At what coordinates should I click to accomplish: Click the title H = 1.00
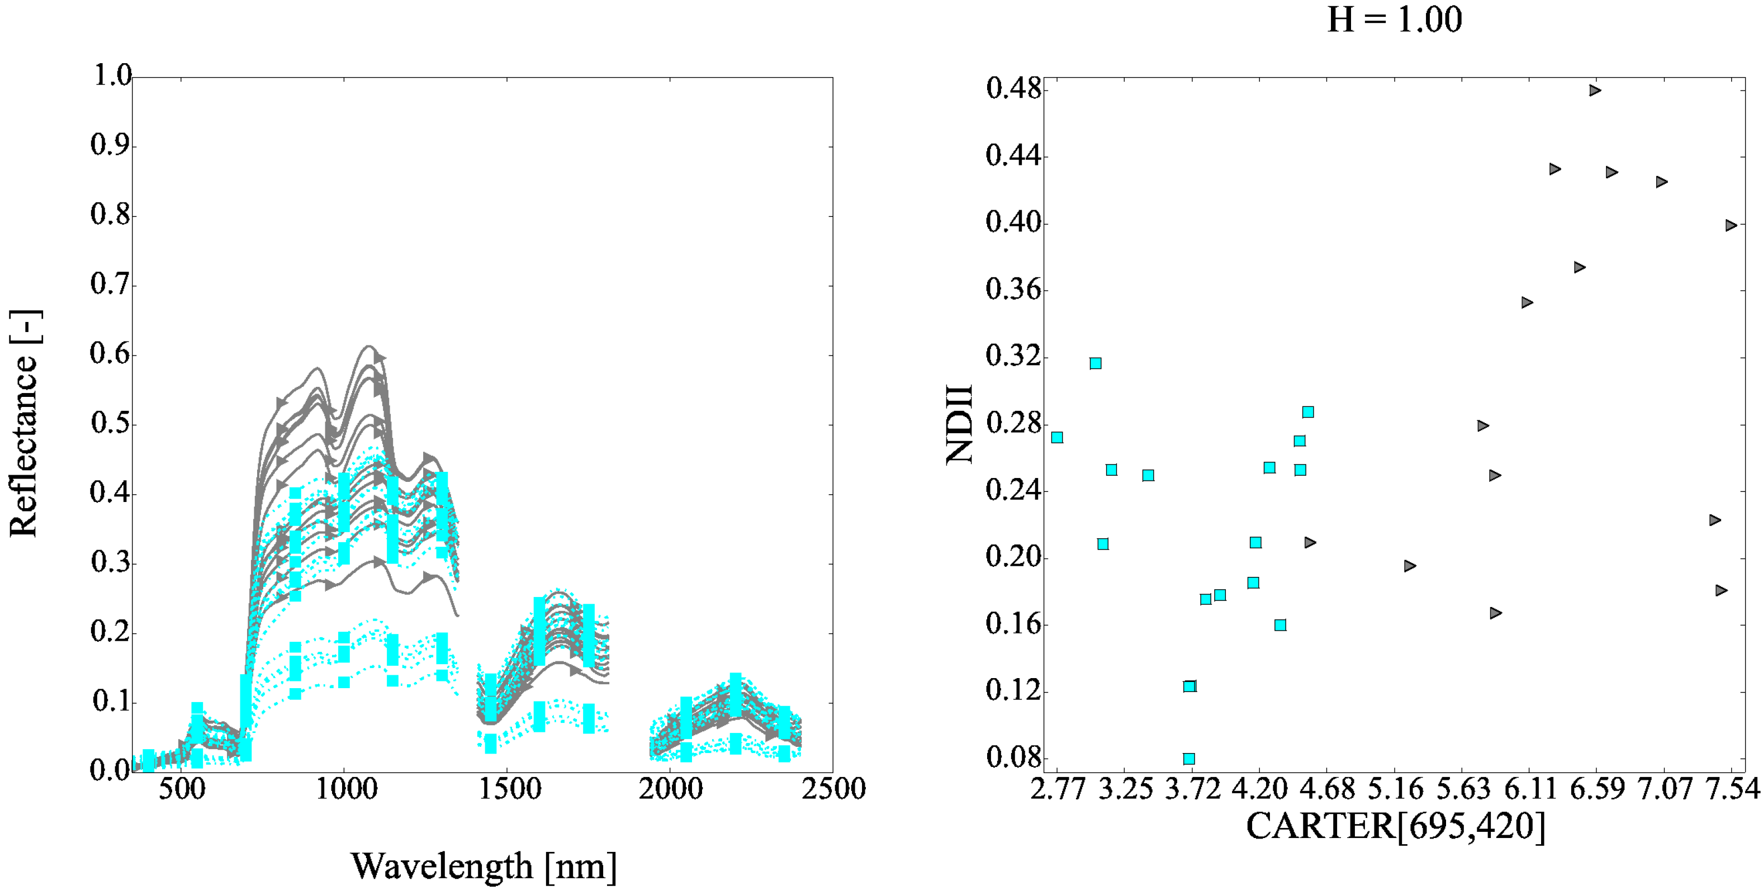(x=1394, y=19)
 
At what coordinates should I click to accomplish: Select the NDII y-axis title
(x=960, y=424)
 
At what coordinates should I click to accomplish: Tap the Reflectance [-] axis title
(x=25, y=424)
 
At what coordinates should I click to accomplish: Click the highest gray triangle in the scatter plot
(x=1595, y=91)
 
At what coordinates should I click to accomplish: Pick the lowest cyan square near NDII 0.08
(x=1189, y=759)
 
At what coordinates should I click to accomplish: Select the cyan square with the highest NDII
(x=1096, y=363)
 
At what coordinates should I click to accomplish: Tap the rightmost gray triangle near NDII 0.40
(x=1731, y=225)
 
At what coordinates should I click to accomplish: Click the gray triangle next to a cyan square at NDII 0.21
(x=1310, y=543)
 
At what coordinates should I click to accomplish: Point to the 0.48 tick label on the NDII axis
(x=1013, y=89)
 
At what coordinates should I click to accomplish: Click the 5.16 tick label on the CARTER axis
(x=1395, y=789)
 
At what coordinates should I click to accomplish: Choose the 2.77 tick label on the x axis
(x=1058, y=789)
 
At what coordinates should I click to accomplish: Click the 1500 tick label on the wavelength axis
(x=507, y=789)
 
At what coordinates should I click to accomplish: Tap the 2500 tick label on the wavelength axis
(x=833, y=789)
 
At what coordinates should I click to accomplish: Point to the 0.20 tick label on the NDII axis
(x=1013, y=557)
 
